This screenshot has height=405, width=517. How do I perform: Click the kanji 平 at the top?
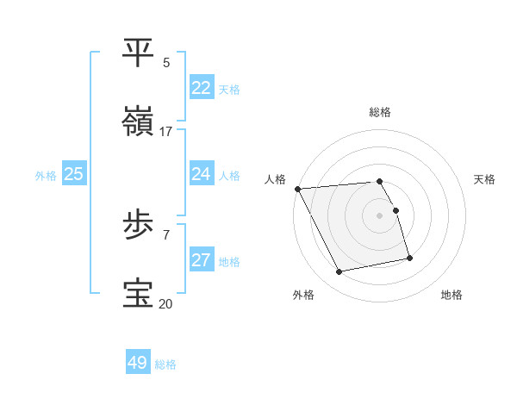[x=140, y=53]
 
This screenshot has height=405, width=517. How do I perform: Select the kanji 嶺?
[x=140, y=121]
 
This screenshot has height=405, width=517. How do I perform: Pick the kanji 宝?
[x=140, y=294]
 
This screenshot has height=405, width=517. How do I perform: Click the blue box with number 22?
[x=201, y=88]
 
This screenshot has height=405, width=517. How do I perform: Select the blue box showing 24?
[x=201, y=174]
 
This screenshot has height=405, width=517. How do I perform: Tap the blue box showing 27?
[x=201, y=261]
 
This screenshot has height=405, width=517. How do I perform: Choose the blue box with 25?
[x=73, y=174]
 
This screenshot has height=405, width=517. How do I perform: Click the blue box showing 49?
[x=137, y=363]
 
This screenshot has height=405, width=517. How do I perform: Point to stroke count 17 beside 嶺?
[x=166, y=131]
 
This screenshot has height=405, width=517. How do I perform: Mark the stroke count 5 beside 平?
[x=166, y=62]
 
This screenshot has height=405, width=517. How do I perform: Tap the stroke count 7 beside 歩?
[x=166, y=234]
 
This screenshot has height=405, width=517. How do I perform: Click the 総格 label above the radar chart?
[x=380, y=112]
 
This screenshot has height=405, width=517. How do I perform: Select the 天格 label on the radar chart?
[x=484, y=179]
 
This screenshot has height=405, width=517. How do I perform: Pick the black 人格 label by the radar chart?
[x=275, y=179]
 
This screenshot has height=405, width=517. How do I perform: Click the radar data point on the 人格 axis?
[x=297, y=189]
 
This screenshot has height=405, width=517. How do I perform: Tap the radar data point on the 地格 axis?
[x=409, y=258]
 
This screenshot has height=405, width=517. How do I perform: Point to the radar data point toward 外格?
[x=339, y=272]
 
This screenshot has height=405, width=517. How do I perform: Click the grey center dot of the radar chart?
[x=380, y=215]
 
